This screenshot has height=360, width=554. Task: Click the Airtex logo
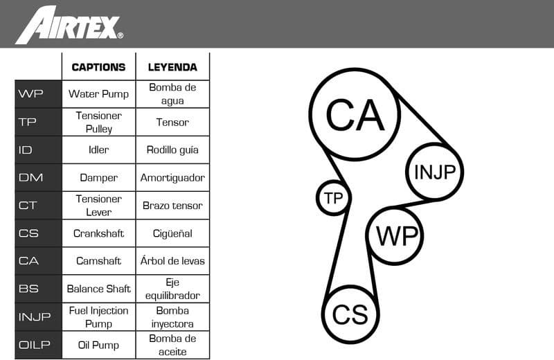69,24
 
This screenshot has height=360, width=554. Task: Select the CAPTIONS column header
98,67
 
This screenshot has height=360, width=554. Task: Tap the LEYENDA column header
172,67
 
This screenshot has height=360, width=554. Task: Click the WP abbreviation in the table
31,93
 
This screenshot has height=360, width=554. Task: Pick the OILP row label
35,345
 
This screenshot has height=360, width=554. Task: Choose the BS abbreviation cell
29,289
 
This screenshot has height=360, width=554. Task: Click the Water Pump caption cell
98,93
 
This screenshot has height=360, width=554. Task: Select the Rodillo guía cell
172,150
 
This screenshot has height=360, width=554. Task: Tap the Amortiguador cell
172,177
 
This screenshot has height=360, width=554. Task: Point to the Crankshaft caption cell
98,233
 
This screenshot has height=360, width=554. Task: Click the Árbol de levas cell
172,261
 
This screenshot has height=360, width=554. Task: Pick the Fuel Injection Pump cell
98,317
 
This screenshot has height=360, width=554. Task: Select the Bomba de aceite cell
172,345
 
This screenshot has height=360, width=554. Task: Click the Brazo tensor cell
172,206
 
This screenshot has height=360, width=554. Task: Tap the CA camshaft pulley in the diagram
355,114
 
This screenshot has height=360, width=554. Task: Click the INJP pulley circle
434,172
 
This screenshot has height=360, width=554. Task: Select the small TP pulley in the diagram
333,199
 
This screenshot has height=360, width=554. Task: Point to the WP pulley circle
395,235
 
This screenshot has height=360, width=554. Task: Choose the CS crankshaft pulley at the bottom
351,314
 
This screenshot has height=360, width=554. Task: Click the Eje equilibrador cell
172,289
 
